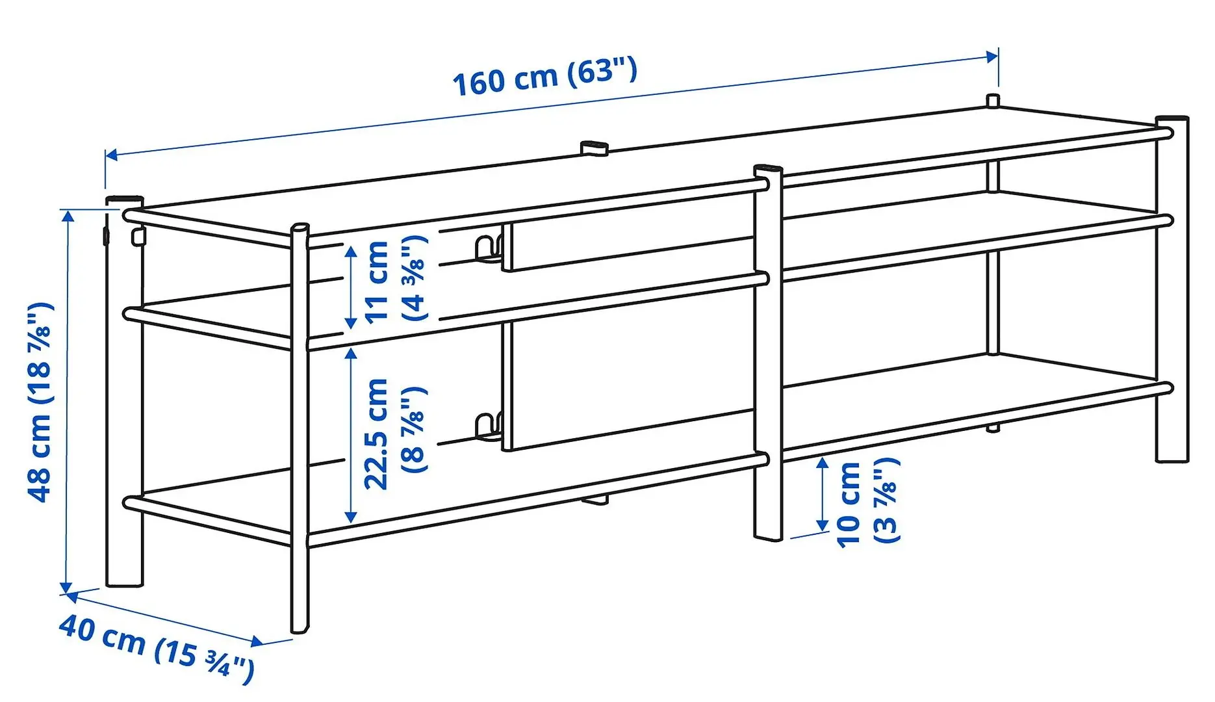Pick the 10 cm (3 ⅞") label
[867, 502]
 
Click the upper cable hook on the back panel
[486, 250]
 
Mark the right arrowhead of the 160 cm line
[992, 57]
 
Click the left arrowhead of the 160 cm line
[111, 155]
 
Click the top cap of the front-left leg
[300, 227]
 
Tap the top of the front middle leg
[768, 170]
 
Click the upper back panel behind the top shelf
[624, 246]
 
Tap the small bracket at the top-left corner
[137, 236]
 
